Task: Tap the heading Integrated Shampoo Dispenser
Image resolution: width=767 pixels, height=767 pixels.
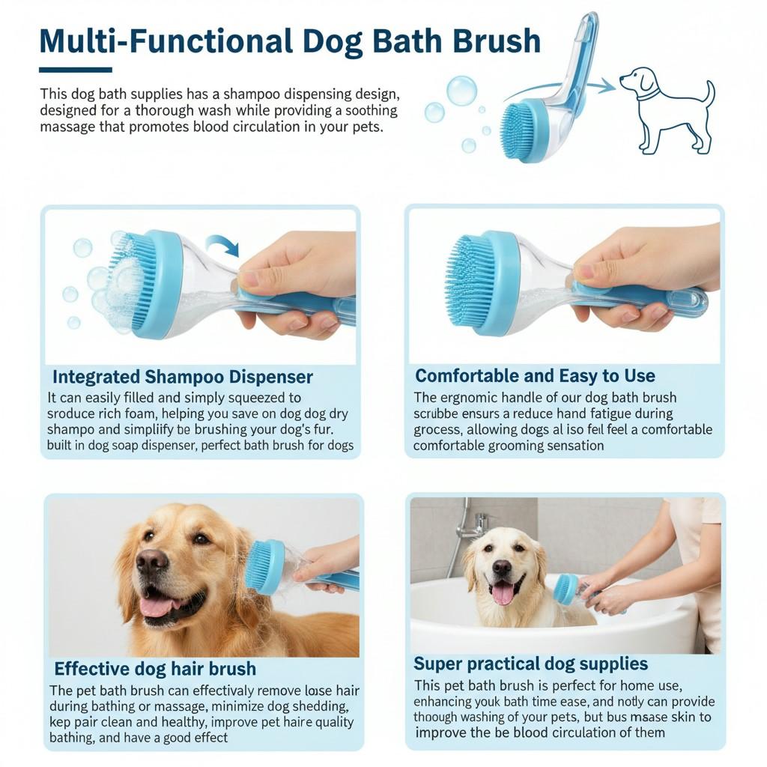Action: (x=183, y=377)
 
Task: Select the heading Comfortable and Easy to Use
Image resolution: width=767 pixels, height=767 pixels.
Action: (x=535, y=376)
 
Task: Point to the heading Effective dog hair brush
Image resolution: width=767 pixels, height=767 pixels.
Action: (x=155, y=668)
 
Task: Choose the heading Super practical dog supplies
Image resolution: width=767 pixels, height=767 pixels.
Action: (x=530, y=664)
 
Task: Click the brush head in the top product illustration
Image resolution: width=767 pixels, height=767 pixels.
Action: (x=518, y=130)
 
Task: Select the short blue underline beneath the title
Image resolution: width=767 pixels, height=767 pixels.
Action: (x=75, y=70)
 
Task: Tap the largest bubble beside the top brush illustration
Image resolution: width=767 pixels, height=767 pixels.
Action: (x=461, y=91)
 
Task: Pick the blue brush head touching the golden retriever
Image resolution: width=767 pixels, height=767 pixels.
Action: (x=263, y=567)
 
